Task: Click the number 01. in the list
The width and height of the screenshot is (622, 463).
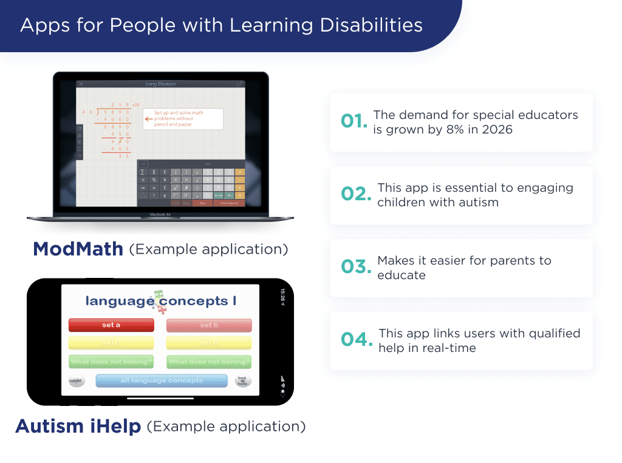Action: coord(354,121)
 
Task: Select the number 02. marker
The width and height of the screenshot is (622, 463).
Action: coord(356,194)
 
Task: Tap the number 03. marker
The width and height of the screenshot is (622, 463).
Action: coord(356,267)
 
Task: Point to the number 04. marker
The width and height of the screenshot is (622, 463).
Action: coord(357,340)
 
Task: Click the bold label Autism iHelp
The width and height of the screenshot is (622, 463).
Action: coord(78,427)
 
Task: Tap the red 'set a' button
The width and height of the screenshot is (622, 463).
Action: coord(111,325)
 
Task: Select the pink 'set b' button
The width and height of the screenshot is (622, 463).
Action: coord(209,325)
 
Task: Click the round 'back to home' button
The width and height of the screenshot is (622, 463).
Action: coord(243,381)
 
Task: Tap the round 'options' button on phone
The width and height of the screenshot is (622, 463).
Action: coord(76,381)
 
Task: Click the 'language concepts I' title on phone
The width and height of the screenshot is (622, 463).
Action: coord(160,300)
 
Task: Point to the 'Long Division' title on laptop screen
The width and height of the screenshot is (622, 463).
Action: coord(160,84)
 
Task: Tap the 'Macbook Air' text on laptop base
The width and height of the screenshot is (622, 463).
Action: coord(160,214)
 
